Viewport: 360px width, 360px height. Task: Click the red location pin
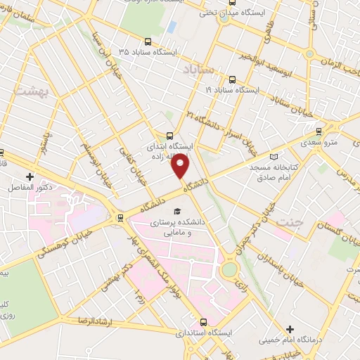(181, 166)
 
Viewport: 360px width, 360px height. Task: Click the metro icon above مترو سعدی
(319, 130)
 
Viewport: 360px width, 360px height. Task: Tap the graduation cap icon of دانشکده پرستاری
(177, 210)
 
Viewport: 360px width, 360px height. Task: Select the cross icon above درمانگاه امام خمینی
(290, 329)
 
